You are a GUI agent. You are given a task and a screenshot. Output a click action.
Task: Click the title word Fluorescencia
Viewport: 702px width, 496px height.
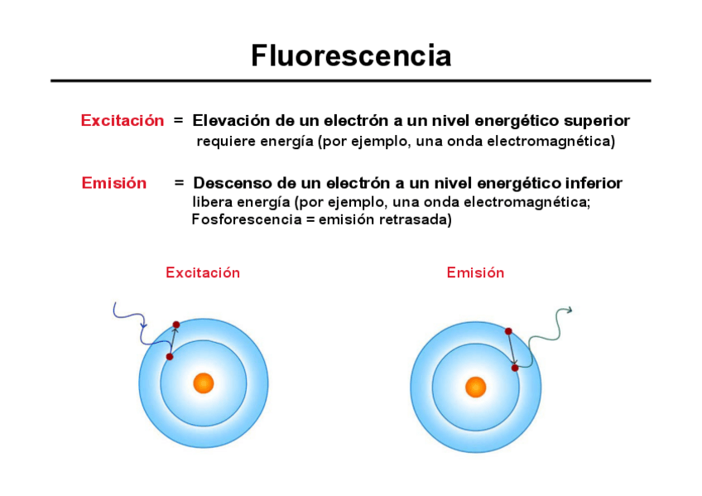click(351, 56)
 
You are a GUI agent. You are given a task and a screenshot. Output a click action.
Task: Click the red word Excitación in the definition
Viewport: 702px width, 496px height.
click(123, 121)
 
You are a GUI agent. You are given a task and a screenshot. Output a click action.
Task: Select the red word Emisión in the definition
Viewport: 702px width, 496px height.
click(113, 183)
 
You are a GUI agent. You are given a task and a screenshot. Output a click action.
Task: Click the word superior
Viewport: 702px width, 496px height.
click(597, 121)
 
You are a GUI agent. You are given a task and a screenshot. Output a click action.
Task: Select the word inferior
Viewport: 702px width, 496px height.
click(594, 183)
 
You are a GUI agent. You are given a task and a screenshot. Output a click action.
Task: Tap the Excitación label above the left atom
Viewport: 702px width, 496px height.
click(203, 272)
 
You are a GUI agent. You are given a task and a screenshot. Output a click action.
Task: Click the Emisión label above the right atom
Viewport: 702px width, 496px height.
click(475, 272)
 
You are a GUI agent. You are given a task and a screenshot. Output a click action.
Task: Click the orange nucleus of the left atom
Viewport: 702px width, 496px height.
click(203, 383)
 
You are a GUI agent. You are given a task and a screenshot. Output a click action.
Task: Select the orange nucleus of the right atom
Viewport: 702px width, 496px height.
click(475, 387)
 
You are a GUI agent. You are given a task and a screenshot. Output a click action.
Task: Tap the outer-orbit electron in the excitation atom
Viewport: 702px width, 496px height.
click(175, 325)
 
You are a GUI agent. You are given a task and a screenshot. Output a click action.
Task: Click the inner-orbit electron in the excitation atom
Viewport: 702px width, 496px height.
click(169, 357)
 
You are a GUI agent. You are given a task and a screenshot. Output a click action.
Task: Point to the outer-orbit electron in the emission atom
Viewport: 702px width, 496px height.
click(508, 331)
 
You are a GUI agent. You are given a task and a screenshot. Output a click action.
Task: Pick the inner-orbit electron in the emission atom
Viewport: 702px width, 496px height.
click(514, 367)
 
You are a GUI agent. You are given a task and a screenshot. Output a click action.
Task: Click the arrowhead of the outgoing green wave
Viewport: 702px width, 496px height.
click(569, 311)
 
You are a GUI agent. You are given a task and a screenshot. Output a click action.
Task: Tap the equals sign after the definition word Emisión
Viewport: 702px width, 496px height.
click(179, 183)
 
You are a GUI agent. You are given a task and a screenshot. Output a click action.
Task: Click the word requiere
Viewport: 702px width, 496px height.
click(225, 142)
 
